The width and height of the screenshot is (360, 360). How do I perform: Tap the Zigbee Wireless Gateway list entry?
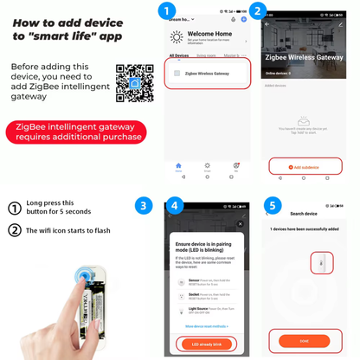coord(208,74)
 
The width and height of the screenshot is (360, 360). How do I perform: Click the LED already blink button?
coord(208,344)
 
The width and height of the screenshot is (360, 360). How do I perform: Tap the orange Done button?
coord(304,341)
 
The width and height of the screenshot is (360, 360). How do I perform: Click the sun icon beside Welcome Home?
coord(177,37)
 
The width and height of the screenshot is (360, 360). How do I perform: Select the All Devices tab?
coord(179,55)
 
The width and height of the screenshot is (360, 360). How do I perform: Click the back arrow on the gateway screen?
coord(267,23)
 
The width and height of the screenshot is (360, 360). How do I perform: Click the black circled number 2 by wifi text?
coord(14,230)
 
